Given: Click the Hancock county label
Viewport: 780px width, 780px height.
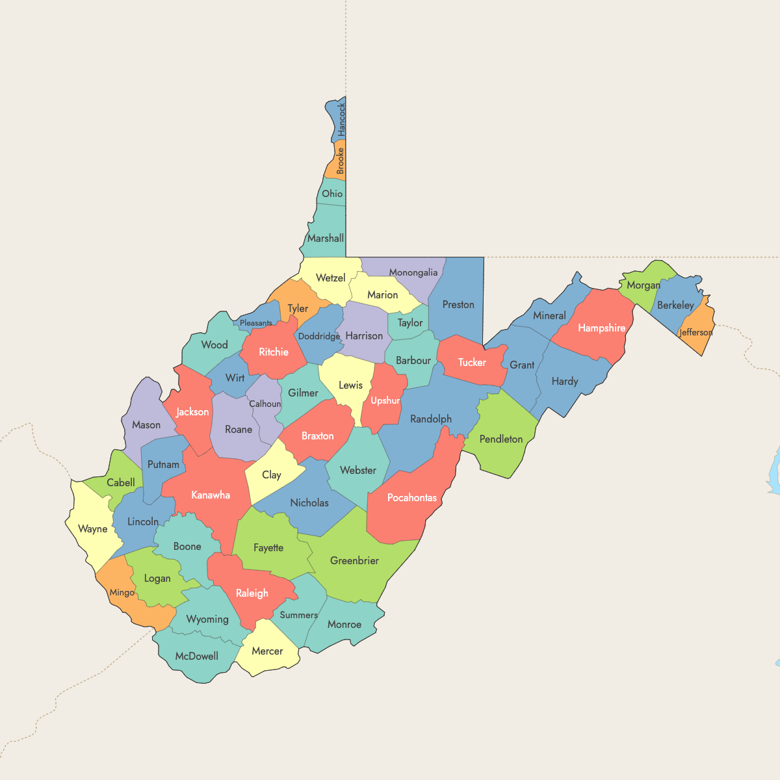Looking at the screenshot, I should (342, 120).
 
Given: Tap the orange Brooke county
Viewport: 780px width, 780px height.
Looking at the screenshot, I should (339, 161).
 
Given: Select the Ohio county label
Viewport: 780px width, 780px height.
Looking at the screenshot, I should (332, 194).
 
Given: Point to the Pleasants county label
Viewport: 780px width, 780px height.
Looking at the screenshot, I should (256, 323).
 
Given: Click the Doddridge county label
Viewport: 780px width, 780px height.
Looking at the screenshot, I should (319, 336).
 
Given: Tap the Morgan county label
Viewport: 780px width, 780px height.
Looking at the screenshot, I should (643, 285).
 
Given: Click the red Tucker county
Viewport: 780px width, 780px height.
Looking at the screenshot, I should (472, 362).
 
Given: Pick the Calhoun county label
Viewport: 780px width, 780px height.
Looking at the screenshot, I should (265, 404).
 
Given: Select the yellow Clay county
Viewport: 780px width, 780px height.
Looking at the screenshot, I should (272, 475).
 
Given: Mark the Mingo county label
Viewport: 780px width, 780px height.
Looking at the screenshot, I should (122, 592).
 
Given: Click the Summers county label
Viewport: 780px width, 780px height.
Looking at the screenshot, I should (299, 615).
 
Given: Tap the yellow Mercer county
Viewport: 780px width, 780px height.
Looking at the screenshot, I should (267, 651).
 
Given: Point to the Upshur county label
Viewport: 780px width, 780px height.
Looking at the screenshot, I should (385, 400).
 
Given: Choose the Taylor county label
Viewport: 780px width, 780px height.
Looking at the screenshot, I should (410, 322).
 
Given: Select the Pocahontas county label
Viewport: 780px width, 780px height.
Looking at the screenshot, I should (412, 498).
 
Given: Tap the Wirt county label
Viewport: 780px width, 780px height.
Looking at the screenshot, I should (235, 378).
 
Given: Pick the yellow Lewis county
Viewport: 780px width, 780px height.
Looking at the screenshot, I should (351, 385).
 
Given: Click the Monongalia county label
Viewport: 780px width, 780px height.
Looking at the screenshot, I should (413, 272).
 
